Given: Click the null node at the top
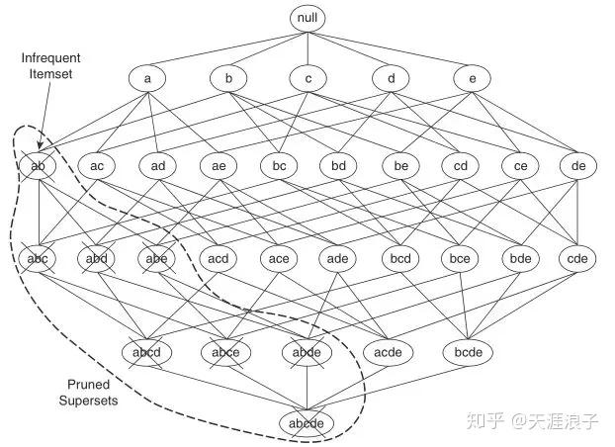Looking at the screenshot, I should (x=307, y=18).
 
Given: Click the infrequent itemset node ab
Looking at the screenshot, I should (x=38, y=165).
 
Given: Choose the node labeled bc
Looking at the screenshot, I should (x=279, y=165).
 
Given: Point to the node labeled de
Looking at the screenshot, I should (x=578, y=165).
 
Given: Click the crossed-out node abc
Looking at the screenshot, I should (x=38, y=259).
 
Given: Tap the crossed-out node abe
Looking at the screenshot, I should (x=157, y=259).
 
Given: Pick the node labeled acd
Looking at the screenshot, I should (x=218, y=259).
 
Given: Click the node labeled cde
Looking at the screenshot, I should (x=578, y=259).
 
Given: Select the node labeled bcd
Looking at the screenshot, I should (x=399, y=259).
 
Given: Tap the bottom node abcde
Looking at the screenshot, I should (x=307, y=423).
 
